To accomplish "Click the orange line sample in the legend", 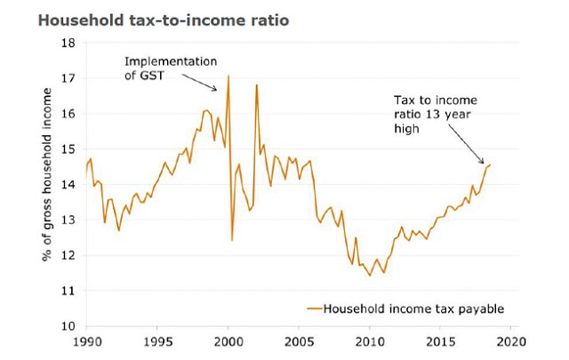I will [x=312, y=308].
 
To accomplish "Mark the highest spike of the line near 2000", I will [x=228, y=76].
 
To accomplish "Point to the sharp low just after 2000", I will [x=232, y=240].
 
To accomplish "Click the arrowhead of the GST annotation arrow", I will [x=216, y=90].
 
